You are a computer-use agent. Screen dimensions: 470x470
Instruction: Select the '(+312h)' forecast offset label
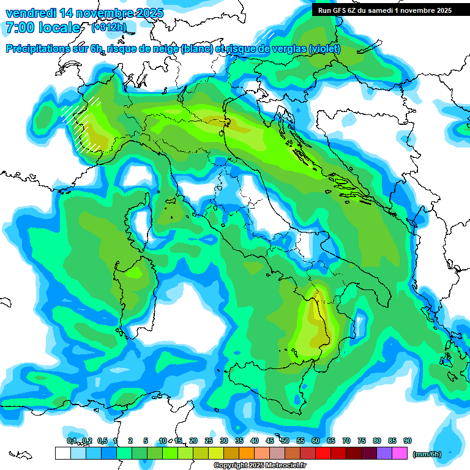pyautogui.click(x=109, y=28)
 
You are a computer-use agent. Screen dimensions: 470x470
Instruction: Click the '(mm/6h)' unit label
pyautogui.click(x=427, y=453)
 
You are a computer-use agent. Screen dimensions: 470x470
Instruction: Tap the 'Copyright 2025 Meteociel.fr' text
pyautogui.click(x=259, y=466)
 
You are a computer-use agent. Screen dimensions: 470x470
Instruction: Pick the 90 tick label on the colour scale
pyautogui.click(x=408, y=441)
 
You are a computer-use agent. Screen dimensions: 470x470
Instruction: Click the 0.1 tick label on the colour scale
pyautogui.click(x=71, y=441)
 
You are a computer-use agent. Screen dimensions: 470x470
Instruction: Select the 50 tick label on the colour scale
pyautogui.click(x=285, y=441)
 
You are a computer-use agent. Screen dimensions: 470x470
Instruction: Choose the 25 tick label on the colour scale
pyautogui.click(x=209, y=441)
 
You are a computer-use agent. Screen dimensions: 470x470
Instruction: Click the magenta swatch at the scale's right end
pyautogui.click(x=400, y=453)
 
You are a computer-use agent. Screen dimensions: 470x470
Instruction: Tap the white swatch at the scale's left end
pyautogui.click(x=62, y=453)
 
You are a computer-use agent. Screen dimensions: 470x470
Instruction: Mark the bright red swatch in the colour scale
pyautogui.click(x=323, y=453)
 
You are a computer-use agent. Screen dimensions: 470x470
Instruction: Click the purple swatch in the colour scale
pyautogui.click(x=384, y=453)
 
